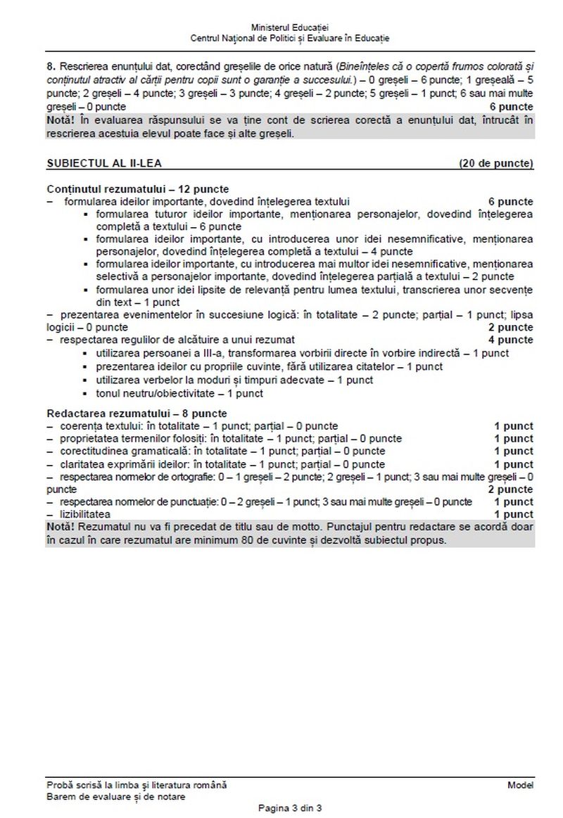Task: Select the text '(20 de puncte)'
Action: pos(495,164)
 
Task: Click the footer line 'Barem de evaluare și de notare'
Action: pos(116,796)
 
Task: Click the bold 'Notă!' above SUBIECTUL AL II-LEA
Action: pos(61,120)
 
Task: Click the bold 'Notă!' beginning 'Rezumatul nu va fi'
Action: pos(61,528)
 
